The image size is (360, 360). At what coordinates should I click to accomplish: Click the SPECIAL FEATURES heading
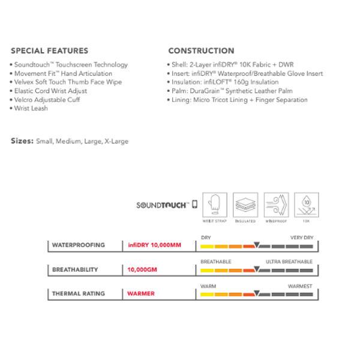click(49, 51)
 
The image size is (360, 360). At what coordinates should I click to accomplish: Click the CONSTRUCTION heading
click(201, 51)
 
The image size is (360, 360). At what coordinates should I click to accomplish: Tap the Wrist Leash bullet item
click(31, 109)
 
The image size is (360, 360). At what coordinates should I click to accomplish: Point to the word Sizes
click(22, 142)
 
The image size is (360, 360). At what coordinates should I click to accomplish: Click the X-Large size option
click(116, 142)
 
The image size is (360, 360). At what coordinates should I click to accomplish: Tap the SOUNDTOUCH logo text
click(163, 205)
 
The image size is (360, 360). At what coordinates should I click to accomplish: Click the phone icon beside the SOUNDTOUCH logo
click(194, 205)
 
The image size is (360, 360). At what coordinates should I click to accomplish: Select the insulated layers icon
click(245, 205)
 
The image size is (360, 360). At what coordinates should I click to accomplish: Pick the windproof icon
click(277, 205)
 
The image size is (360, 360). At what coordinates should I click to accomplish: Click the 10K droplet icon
click(306, 205)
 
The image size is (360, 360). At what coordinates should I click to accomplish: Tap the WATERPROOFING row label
click(78, 245)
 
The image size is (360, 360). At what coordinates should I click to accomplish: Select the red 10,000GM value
click(142, 270)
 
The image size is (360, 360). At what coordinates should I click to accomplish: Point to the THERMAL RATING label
click(78, 294)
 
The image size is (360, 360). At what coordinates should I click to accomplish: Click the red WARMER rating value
click(141, 294)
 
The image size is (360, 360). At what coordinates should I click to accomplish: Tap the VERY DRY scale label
click(301, 238)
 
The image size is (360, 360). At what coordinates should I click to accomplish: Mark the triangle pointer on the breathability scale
click(257, 269)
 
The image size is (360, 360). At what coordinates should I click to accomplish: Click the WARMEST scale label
click(299, 286)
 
